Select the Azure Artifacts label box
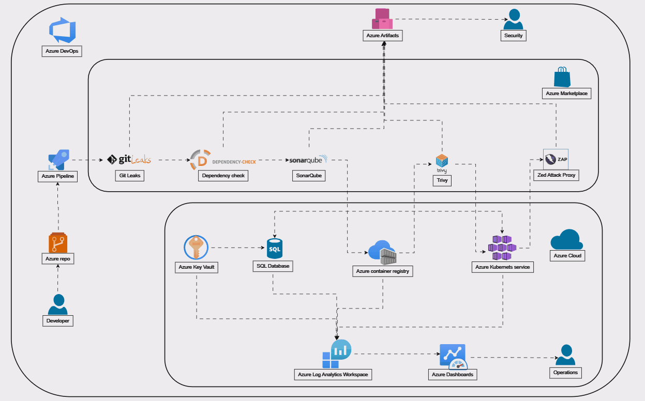coord(383,36)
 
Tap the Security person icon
coord(513,20)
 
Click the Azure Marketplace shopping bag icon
coord(562,77)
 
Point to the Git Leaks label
coord(129,176)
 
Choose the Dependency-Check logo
coord(223,160)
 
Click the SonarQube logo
coord(308,160)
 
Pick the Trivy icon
coord(442,162)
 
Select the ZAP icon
coord(556,159)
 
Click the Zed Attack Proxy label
coord(556,175)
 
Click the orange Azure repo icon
coord(58,243)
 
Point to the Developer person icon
coord(58,305)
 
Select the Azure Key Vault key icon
coord(196,248)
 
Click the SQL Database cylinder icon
coord(274,249)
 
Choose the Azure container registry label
coord(383,271)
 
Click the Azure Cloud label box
coord(567,256)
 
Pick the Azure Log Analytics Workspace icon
coord(337,354)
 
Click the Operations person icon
coord(565,356)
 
